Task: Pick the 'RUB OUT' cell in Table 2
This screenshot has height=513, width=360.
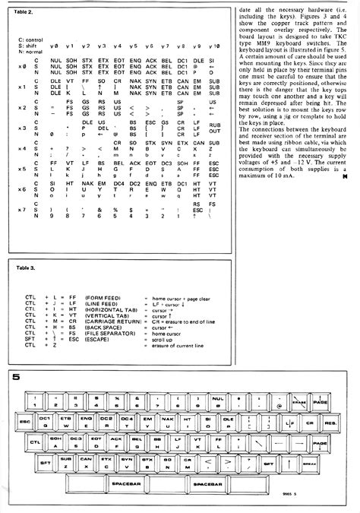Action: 214,128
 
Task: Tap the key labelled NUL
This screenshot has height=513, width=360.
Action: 217,397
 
